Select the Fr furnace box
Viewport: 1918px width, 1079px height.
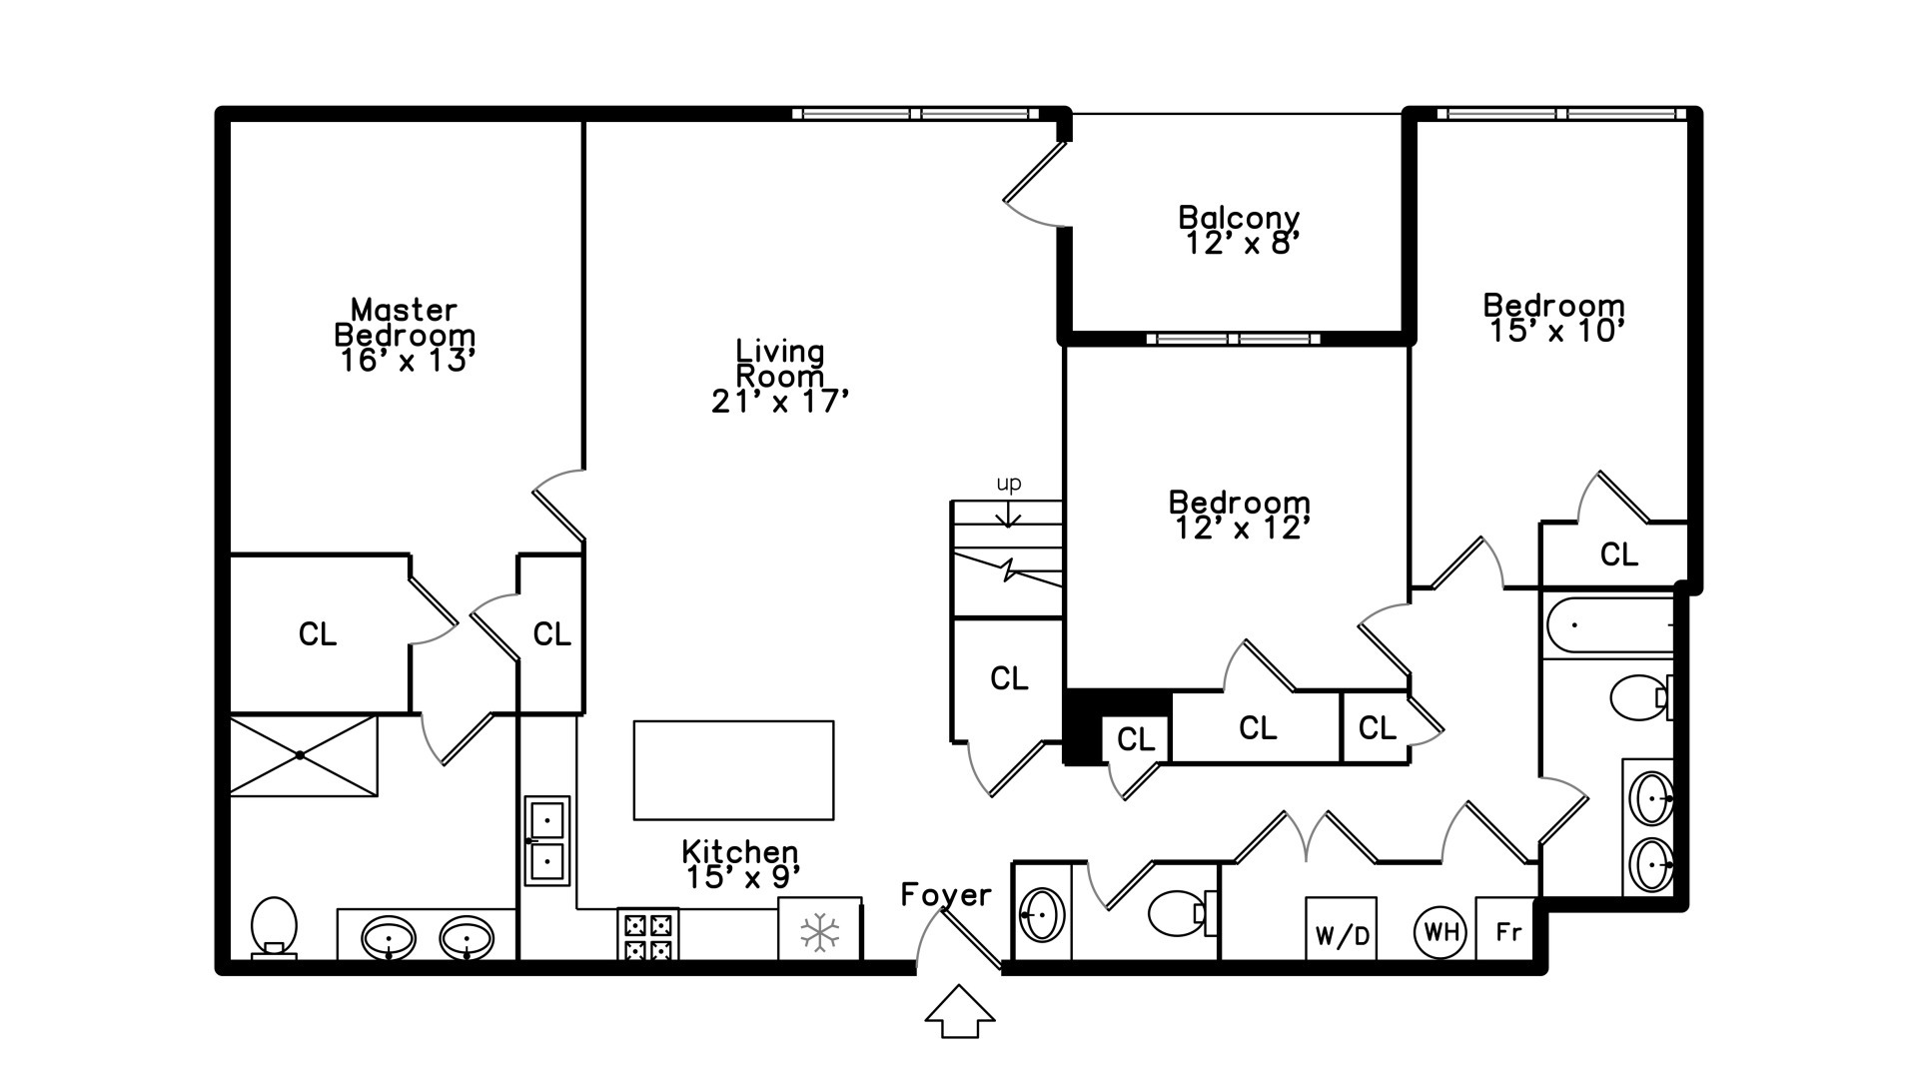pyautogui.click(x=1507, y=931)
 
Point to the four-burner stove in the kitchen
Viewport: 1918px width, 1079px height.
pyautogui.click(x=647, y=935)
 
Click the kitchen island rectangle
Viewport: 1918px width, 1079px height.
pyautogui.click(x=733, y=770)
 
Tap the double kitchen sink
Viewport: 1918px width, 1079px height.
pyautogui.click(x=547, y=840)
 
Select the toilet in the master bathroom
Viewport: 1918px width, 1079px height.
pyautogui.click(x=273, y=926)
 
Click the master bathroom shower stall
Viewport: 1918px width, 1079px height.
pyautogui.click(x=303, y=755)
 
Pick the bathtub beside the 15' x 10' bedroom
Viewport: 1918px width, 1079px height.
pyautogui.click(x=1608, y=624)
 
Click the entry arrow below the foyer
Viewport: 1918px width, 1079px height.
pyautogui.click(x=959, y=1011)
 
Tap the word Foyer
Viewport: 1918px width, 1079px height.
pyautogui.click(x=946, y=894)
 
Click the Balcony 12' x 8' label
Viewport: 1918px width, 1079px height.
pyautogui.click(x=1239, y=230)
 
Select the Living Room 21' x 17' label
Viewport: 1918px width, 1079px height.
pyautogui.click(x=780, y=377)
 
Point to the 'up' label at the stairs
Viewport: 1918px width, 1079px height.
pyautogui.click(x=1009, y=485)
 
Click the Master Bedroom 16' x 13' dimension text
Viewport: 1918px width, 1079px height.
pyautogui.click(x=406, y=361)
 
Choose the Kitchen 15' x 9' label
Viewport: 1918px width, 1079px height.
pyautogui.click(x=740, y=864)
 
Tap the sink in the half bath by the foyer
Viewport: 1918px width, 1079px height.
pyautogui.click(x=1041, y=914)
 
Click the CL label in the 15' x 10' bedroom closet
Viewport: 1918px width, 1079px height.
pyautogui.click(x=1618, y=554)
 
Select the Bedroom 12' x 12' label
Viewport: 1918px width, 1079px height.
pyautogui.click(x=1240, y=515)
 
